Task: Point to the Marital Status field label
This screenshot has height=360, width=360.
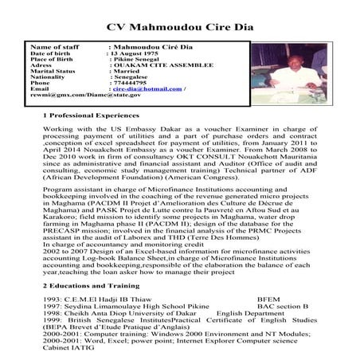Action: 53,70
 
